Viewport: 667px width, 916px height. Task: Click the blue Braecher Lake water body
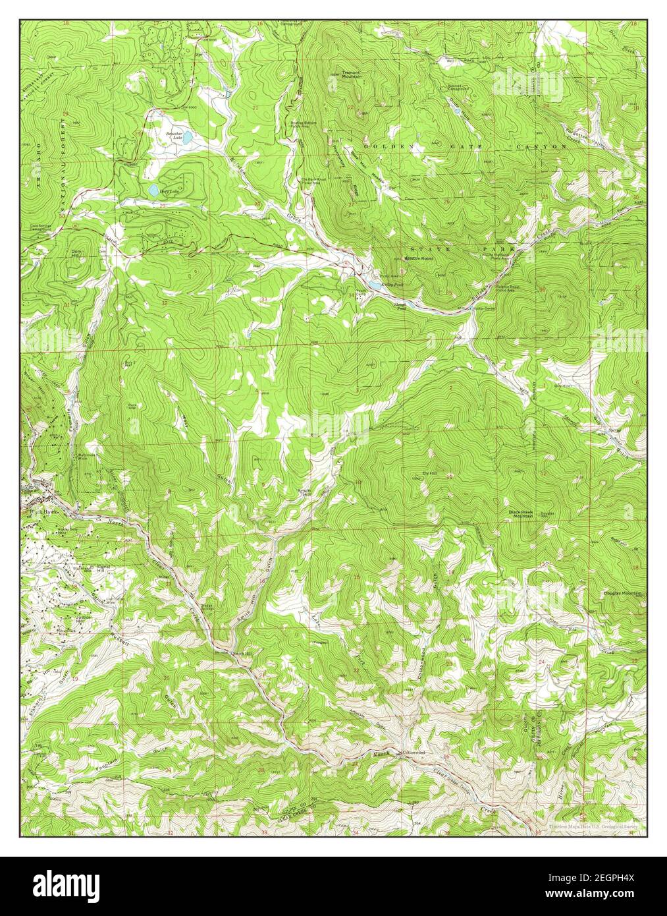click(188, 139)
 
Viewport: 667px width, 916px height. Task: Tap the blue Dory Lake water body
click(153, 191)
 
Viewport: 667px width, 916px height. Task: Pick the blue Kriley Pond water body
click(377, 285)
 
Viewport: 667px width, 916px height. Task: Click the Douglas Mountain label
click(622, 594)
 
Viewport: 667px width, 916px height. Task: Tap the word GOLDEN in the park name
click(383, 145)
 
